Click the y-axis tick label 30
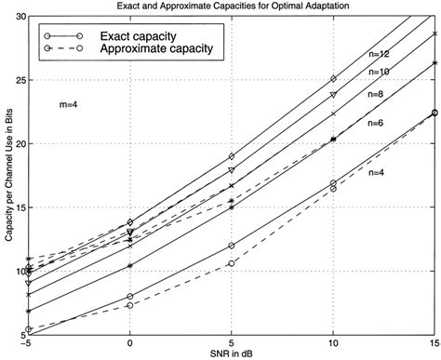[x=19, y=17]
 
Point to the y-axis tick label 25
[x=19, y=81]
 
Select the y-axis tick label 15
[x=19, y=208]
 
